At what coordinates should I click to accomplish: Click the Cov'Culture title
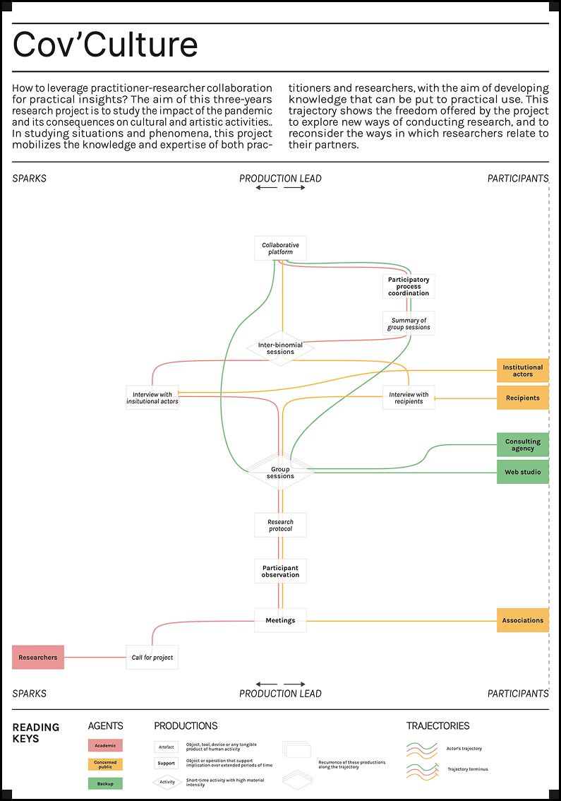tap(105, 45)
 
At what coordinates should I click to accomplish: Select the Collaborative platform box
tap(280, 249)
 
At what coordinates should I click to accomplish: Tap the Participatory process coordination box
tap(409, 286)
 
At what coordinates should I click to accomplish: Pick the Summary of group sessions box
tap(409, 324)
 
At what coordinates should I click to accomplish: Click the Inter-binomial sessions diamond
tap(280, 348)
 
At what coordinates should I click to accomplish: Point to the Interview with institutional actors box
tap(152, 398)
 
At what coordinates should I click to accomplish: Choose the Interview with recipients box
tap(409, 398)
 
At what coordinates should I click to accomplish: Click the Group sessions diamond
tap(280, 472)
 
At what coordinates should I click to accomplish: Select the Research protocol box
tap(280, 526)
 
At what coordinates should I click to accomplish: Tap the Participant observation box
tap(280, 571)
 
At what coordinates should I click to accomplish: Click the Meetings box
tap(280, 620)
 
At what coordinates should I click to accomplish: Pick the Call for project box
tap(152, 657)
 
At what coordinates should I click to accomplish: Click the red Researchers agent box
tap(38, 657)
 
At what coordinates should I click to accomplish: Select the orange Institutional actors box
tap(523, 370)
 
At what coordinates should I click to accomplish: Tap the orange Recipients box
tap(523, 398)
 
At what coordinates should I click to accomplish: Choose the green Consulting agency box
tap(523, 445)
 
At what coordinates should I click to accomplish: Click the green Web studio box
tap(523, 472)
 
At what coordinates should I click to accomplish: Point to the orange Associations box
tap(523, 620)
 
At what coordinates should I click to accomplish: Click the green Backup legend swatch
tap(105, 783)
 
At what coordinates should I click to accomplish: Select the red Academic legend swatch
tap(105, 745)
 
